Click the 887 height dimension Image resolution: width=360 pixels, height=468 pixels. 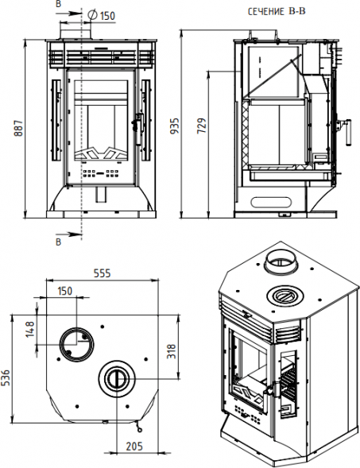(19, 128)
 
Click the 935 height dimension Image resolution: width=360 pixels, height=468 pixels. (175, 126)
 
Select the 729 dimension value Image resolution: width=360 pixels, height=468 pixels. (202, 126)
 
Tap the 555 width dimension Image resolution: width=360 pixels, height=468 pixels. (102, 273)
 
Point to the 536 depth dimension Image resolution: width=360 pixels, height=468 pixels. (6, 377)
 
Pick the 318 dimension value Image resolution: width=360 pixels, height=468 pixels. (172, 351)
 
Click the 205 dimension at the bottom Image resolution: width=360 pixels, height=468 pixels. (134, 447)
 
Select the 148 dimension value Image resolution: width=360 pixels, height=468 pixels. (30, 329)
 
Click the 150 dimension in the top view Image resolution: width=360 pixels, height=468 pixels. (65, 291)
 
